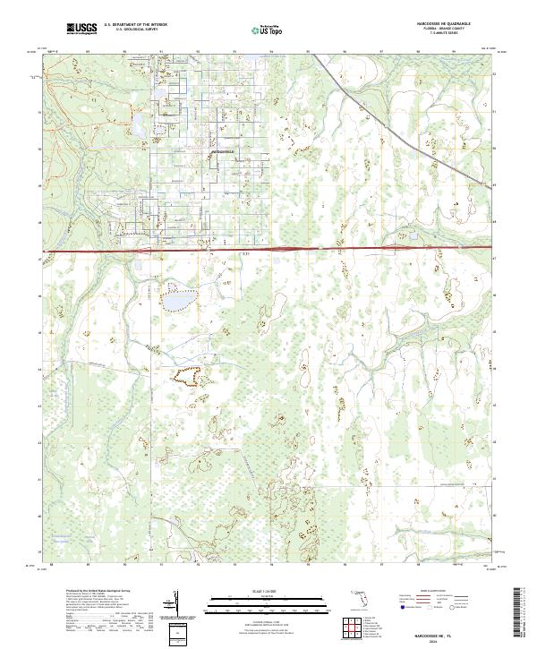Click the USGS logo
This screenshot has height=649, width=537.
pyautogui.click(x=81, y=29)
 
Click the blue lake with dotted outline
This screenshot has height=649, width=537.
pyautogui.click(x=178, y=300)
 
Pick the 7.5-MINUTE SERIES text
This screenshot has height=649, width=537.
pyautogui.click(x=445, y=38)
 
